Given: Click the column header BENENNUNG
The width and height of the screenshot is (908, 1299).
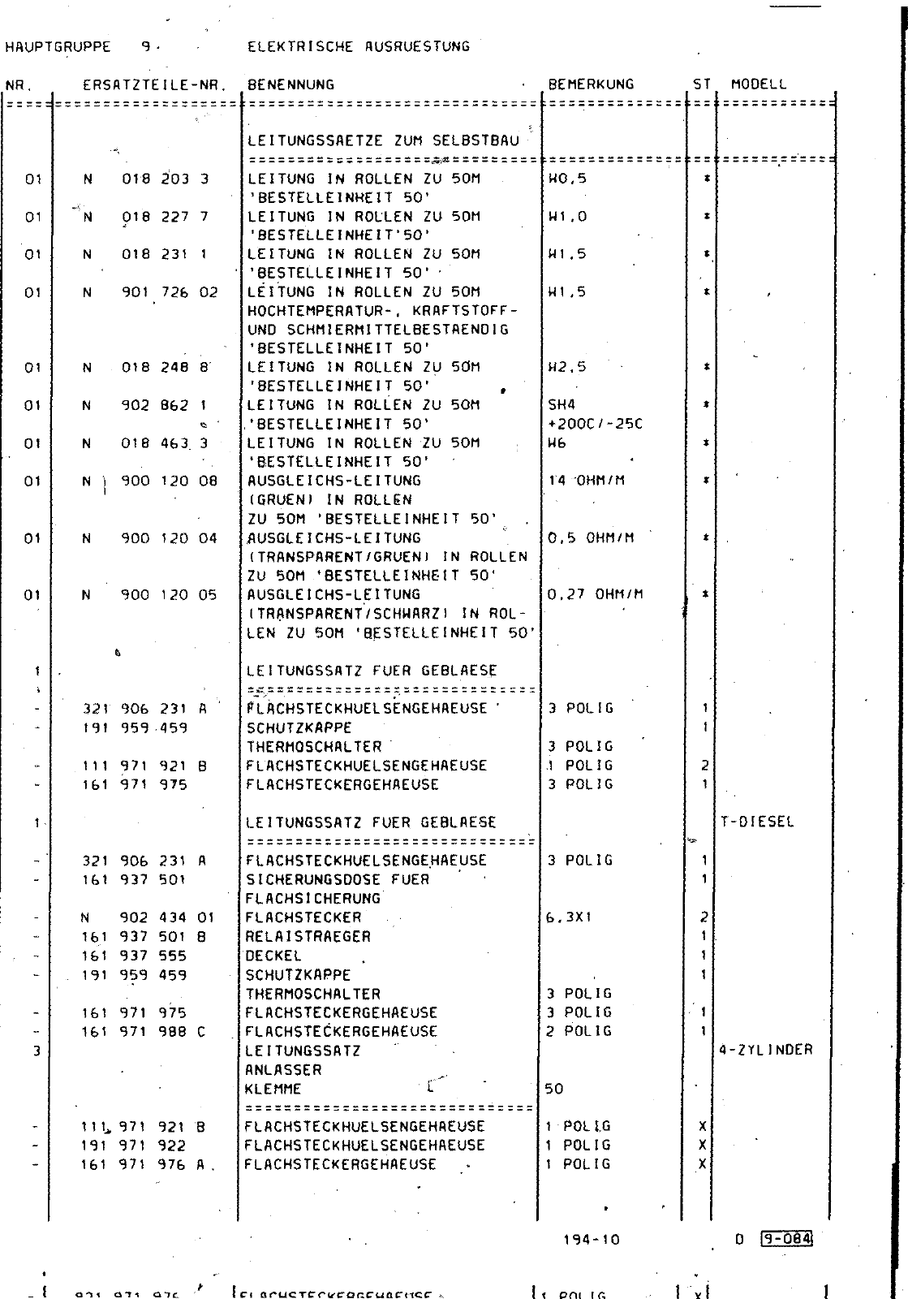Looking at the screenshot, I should pos(290,84).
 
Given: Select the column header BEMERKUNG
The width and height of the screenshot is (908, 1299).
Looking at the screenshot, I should pos(591,84).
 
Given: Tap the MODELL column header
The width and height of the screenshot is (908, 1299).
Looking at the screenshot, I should pos(759,84).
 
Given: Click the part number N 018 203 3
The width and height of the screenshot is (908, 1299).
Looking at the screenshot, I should pos(146,179).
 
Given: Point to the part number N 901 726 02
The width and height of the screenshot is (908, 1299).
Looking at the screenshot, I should pos(150,292).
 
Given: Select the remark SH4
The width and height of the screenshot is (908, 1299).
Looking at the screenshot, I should pos(562,405).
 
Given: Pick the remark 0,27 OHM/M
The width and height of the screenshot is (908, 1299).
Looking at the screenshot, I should pos(596,594).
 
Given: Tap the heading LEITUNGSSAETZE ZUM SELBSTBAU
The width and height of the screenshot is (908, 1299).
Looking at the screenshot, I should pos(383,140).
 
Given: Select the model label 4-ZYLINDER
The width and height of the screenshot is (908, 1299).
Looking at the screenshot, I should pos(766,1051).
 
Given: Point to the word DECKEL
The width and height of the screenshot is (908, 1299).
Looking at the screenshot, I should pos(273,956).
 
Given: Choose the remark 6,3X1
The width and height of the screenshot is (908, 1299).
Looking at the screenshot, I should pos(570,918).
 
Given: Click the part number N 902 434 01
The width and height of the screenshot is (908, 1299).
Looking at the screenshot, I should pos(148,918).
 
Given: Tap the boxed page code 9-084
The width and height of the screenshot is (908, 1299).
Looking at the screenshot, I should pos(786,1239).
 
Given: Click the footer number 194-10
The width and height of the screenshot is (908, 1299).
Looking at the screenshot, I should pos(591,1240).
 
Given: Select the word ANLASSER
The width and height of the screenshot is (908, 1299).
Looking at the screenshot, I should pos(283,1070).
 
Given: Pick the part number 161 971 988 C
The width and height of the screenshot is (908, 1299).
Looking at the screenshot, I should pos(144,1032).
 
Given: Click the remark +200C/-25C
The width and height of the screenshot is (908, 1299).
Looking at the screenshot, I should pos(596,424).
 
